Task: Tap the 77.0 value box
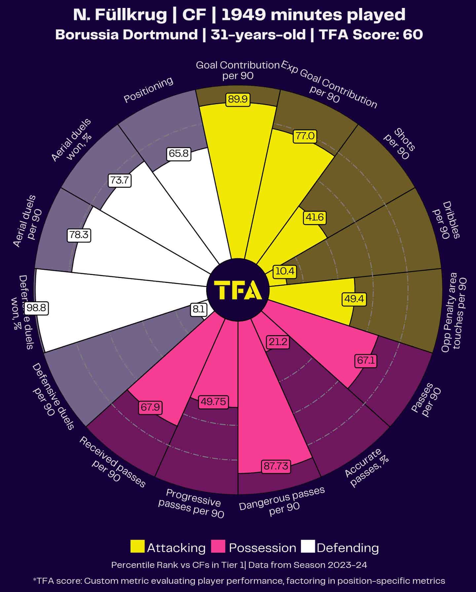305,136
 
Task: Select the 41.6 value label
314,217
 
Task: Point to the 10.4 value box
284,271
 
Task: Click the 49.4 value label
354,299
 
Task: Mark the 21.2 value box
278,342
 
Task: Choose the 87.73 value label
276,466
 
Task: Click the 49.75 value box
213,401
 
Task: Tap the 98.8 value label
37,308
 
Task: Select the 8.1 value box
198,309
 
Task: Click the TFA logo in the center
238,290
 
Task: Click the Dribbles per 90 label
446,220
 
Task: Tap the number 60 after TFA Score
413,34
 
